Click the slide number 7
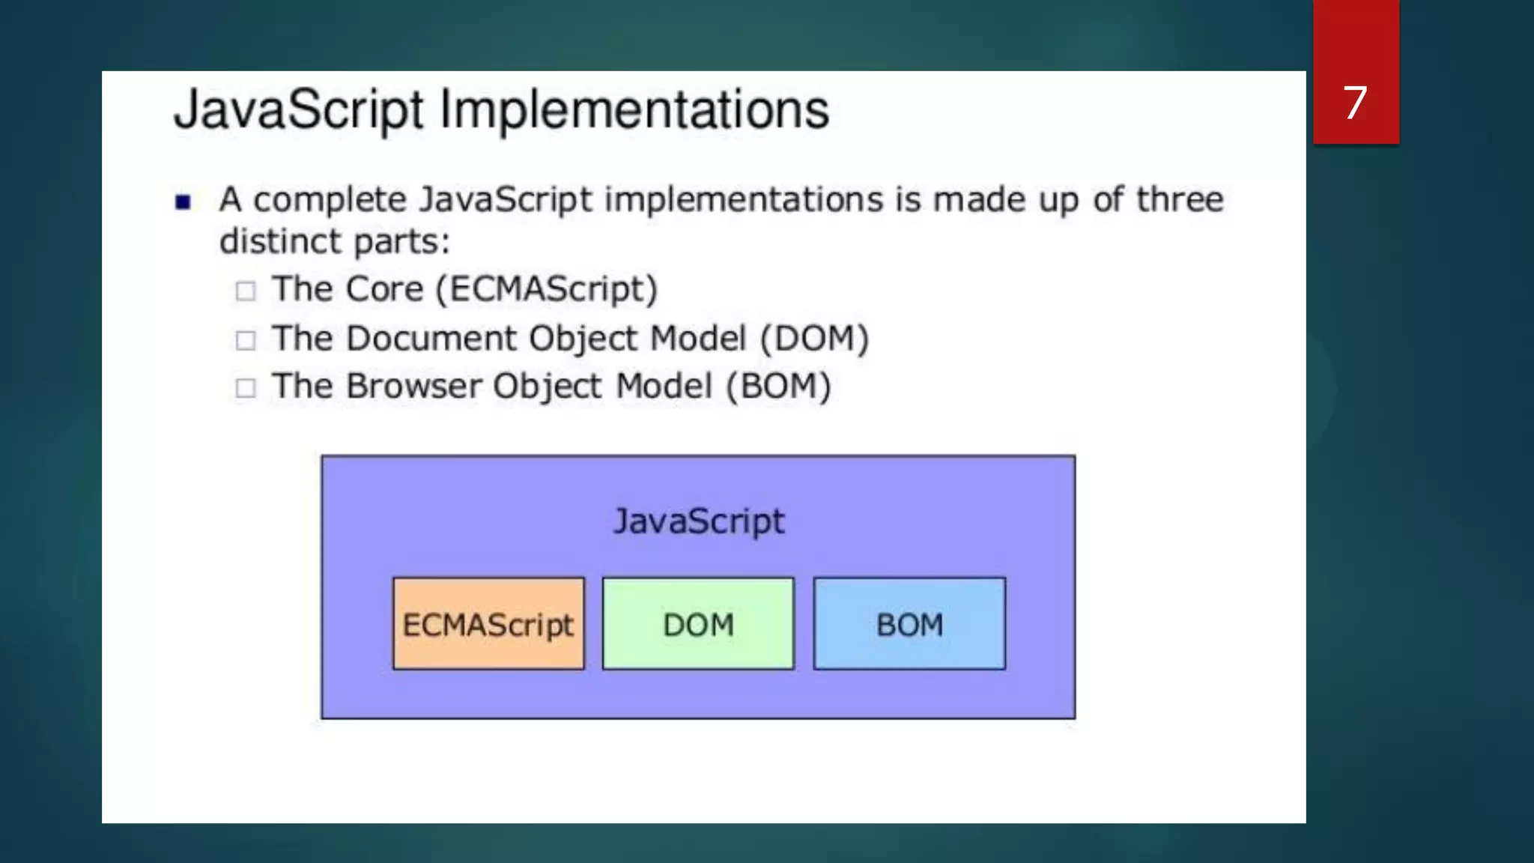1355,103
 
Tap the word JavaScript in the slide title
300,110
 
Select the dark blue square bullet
183,202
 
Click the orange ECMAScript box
488,624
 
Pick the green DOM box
698,624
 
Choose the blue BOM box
909,624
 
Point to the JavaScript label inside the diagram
698,521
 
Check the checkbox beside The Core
246,291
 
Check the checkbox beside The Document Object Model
246,340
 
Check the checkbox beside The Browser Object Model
246,388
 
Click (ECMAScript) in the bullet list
547,289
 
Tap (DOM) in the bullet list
814,339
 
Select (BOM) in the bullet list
779,387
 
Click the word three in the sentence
1179,200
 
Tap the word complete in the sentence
330,200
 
